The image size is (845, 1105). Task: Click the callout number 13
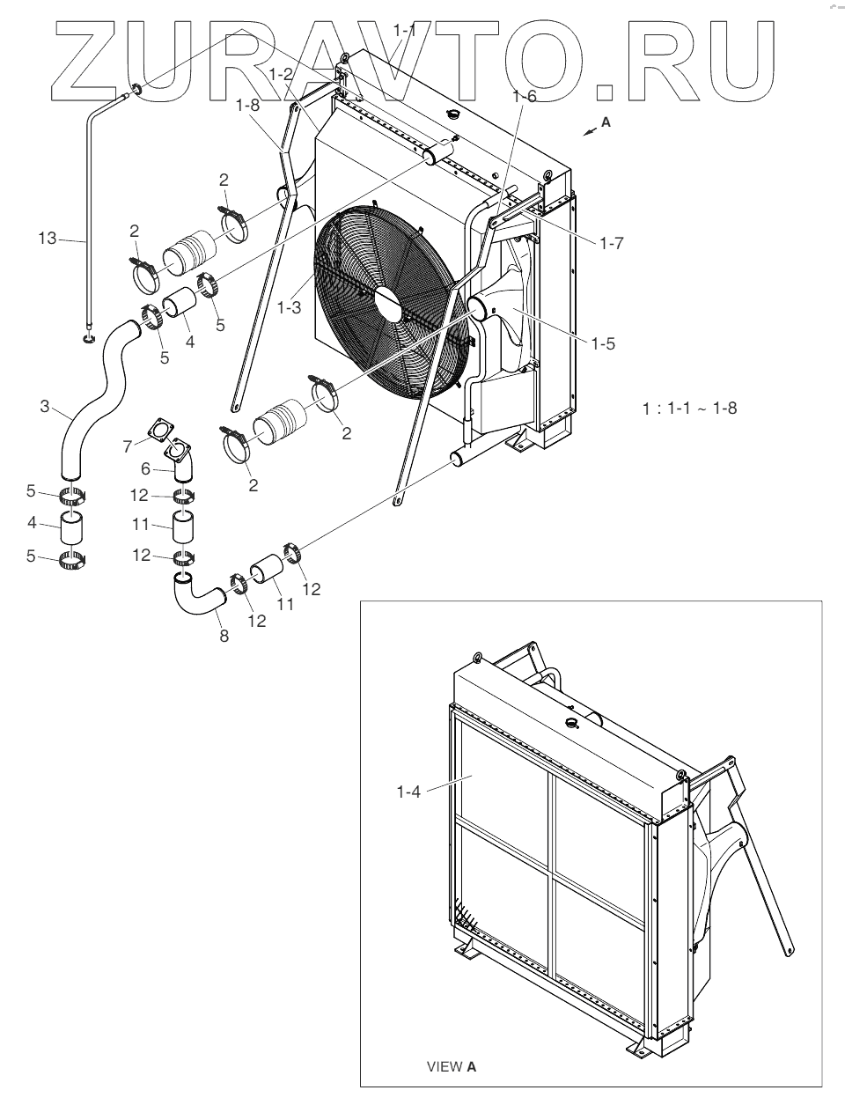(46, 237)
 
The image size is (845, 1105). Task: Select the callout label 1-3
(290, 307)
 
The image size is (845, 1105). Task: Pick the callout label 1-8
(247, 105)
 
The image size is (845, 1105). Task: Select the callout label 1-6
(526, 97)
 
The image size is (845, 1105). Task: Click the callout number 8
(224, 637)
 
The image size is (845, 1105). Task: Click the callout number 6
(147, 470)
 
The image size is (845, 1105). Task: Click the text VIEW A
(452, 1067)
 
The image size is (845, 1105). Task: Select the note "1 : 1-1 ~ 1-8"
(689, 409)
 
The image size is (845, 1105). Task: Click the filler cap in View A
(572, 724)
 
